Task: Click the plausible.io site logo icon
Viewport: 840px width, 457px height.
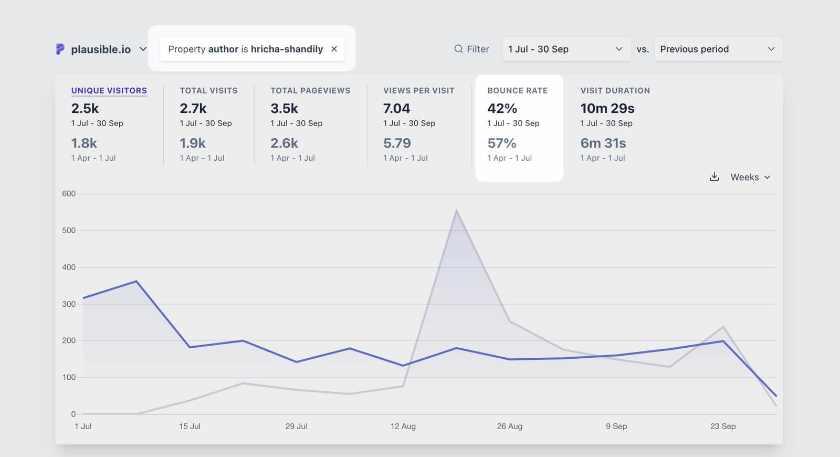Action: [60, 49]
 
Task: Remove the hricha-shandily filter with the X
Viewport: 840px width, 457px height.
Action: [334, 49]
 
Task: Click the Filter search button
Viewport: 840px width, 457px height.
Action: [471, 49]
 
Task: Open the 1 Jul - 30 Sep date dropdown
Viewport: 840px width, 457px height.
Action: [566, 49]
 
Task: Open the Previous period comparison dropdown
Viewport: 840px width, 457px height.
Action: [718, 49]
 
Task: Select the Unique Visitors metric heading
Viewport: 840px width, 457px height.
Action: [109, 90]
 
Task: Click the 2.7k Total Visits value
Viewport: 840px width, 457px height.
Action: [193, 109]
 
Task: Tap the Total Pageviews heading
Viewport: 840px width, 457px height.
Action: [310, 90]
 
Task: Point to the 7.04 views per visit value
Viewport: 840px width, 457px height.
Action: [396, 109]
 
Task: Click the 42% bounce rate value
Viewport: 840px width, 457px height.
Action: [502, 109]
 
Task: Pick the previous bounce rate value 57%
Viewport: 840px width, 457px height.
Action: [501, 143]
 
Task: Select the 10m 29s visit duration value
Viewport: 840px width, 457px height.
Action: [607, 109]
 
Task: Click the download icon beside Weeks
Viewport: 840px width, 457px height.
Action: [714, 177]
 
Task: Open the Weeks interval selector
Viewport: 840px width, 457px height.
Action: [750, 177]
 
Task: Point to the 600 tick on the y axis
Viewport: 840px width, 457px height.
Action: [69, 194]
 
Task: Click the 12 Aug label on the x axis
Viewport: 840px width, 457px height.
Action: [403, 426]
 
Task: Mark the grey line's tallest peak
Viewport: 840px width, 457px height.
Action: [456, 211]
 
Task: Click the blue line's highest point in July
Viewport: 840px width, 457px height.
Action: [136, 281]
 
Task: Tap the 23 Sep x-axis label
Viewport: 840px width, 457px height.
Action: [722, 426]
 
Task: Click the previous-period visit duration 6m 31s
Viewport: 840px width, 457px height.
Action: [603, 143]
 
